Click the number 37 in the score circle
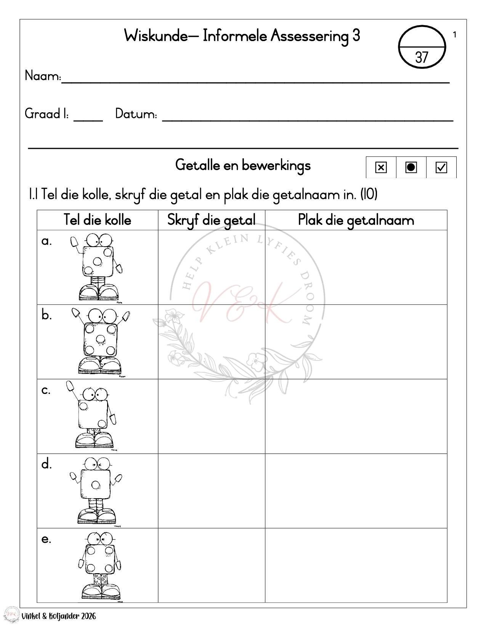click(x=421, y=57)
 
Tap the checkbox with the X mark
click(x=381, y=167)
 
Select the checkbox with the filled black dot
click(x=411, y=167)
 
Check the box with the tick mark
click(x=441, y=167)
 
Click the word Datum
click(x=136, y=114)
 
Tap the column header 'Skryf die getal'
click(x=211, y=220)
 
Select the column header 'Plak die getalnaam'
click(x=356, y=220)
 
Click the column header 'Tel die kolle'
click(x=97, y=220)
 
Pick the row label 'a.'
click(x=47, y=241)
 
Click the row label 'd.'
click(x=47, y=464)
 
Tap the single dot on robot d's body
click(x=95, y=485)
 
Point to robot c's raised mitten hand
click(x=70, y=386)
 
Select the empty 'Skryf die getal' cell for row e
click(x=211, y=565)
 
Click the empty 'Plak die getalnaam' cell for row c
click(x=356, y=416)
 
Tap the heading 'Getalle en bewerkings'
click(x=243, y=165)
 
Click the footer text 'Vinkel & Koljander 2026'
click(x=59, y=616)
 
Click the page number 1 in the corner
click(x=454, y=35)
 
